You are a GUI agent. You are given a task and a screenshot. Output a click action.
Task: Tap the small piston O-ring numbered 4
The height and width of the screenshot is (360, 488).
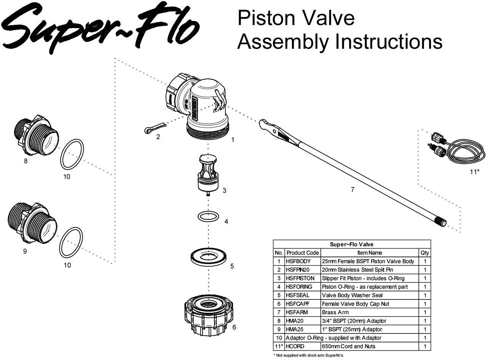point(208,216)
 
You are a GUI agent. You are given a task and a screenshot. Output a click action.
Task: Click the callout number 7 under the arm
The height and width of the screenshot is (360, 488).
point(352,190)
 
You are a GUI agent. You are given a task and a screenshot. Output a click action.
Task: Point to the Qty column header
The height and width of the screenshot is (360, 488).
point(424,253)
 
